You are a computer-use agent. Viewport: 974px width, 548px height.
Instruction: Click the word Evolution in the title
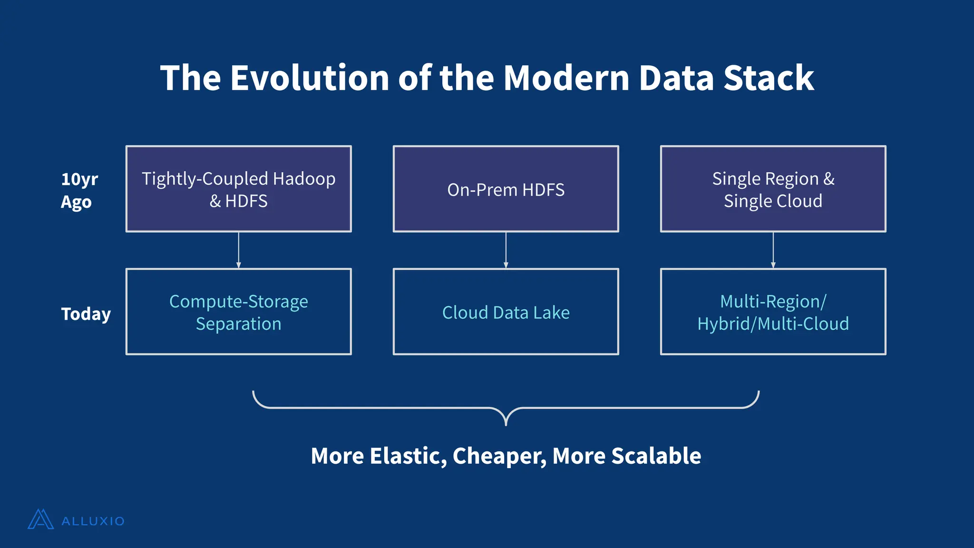tap(310, 78)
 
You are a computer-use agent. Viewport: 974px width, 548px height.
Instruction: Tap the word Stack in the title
tap(769, 78)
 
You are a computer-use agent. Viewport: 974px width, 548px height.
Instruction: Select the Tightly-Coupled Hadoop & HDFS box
tap(238, 189)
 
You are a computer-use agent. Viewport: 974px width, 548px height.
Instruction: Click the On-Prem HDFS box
tap(506, 189)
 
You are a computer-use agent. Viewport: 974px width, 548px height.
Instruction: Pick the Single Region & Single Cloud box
tap(773, 189)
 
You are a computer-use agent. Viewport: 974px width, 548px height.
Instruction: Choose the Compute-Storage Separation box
tap(238, 312)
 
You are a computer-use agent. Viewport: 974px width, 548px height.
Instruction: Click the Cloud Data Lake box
tap(506, 312)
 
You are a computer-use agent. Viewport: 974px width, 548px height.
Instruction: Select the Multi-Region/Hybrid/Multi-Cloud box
tap(773, 312)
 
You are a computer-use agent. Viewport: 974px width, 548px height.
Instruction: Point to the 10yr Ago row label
tap(78, 190)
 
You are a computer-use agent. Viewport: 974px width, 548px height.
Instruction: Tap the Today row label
tap(86, 314)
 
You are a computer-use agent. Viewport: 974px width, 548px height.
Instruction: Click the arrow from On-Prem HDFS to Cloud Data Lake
tap(506, 250)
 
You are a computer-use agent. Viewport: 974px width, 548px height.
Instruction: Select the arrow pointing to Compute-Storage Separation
tap(238, 250)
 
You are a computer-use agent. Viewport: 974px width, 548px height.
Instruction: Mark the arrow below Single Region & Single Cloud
tap(773, 250)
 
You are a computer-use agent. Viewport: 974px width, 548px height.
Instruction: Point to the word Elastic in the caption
tap(408, 456)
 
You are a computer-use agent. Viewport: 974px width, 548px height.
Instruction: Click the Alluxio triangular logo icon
tap(40, 519)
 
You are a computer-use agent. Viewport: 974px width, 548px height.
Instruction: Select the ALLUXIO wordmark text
tap(93, 521)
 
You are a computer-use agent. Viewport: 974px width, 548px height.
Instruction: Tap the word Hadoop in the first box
tap(304, 179)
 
